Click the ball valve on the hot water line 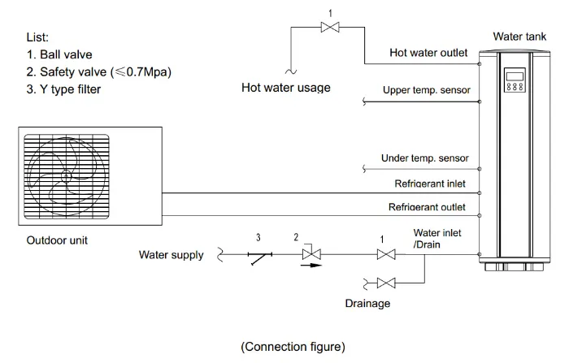click(331, 28)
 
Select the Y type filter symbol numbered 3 click(259, 256)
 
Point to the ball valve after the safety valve click(386, 254)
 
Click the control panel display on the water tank click(515, 79)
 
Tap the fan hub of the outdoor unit click(65, 175)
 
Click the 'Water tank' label click(518, 37)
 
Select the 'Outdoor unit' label click(57, 240)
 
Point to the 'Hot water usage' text click(286, 87)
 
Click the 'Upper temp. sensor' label click(425, 89)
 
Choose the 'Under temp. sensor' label click(424, 158)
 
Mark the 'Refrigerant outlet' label click(427, 207)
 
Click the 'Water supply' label click(171, 255)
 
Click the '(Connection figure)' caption click(293, 346)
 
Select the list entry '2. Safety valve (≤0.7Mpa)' click(97, 72)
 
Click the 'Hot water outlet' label click(428, 53)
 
